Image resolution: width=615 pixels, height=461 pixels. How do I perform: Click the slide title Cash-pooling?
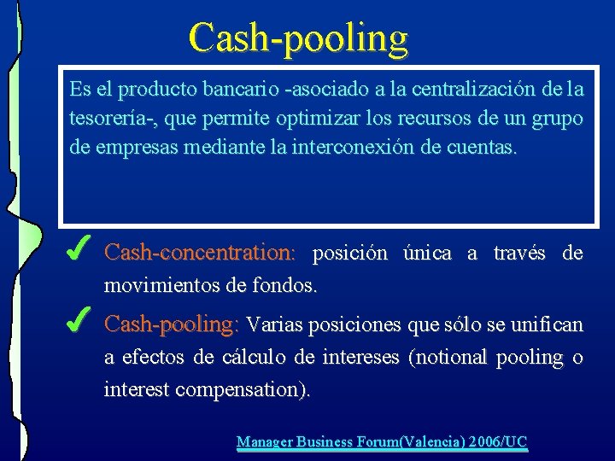pyautogui.click(x=299, y=38)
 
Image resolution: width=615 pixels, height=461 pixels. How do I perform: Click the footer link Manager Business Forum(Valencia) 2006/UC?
pyautogui.click(x=382, y=441)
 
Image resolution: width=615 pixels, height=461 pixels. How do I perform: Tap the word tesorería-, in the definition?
pyautogui.click(x=109, y=118)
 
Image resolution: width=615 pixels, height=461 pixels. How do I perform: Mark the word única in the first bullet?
pyautogui.click(x=426, y=254)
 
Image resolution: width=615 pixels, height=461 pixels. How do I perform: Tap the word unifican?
pyautogui.click(x=547, y=324)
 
